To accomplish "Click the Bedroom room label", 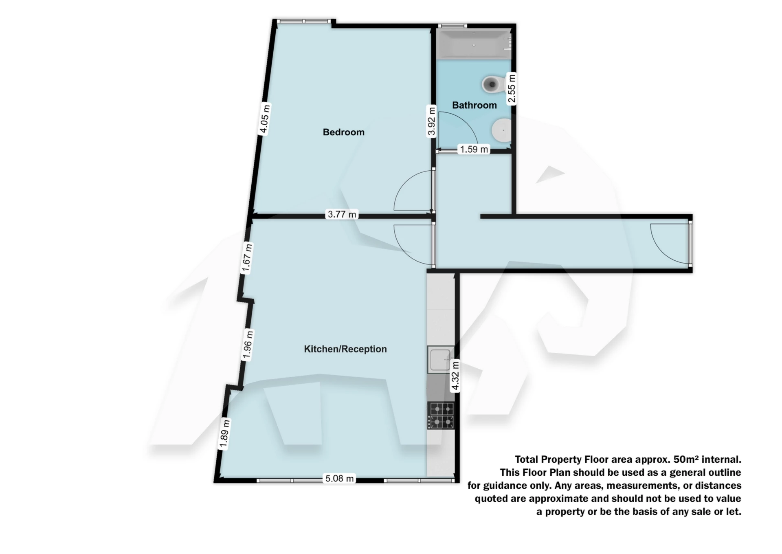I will pyautogui.click(x=343, y=132).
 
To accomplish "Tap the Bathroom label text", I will pyautogui.click(x=474, y=105).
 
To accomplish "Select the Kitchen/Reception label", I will pyautogui.click(x=345, y=349).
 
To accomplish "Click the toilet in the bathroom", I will pyautogui.click(x=492, y=84).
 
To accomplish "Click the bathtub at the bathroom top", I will pyautogui.click(x=473, y=44).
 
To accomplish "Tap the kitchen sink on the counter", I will pyautogui.click(x=440, y=359).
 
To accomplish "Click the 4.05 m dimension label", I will pyautogui.click(x=264, y=119).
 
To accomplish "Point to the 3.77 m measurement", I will pyautogui.click(x=342, y=214).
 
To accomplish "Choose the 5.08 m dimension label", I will pyautogui.click(x=339, y=479).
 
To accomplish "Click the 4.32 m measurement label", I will pyautogui.click(x=455, y=376).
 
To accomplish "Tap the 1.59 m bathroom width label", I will pyautogui.click(x=474, y=149).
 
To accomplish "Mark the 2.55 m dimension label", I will pyautogui.click(x=512, y=88).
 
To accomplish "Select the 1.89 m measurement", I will pyautogui.click(x=224, y=433).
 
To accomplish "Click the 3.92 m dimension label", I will pyautogui.click(x=431, y=121).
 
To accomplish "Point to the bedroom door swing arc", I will pyautogui.click(x=411, y=191).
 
